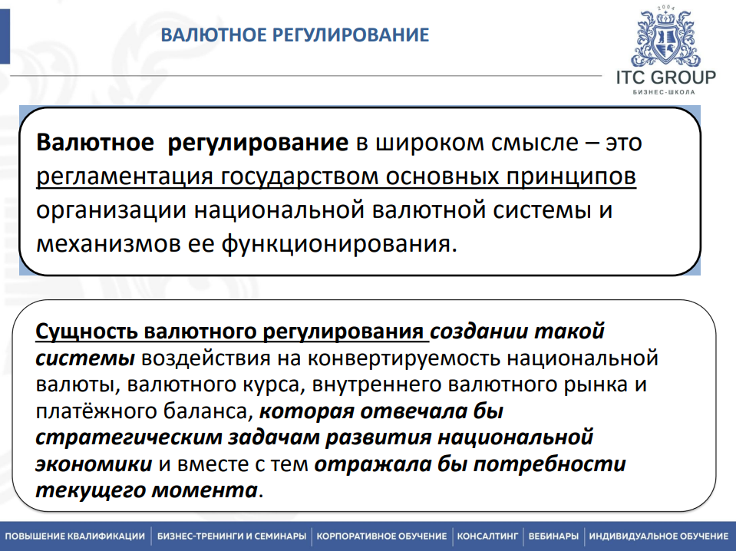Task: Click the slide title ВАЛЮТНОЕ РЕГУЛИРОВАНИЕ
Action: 294,35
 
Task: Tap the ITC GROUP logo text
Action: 665,78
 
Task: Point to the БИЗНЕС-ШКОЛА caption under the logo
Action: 665,94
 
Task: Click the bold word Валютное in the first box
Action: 95,144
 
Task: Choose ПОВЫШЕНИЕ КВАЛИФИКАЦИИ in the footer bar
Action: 74,536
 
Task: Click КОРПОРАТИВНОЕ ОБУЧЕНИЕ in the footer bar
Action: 381,536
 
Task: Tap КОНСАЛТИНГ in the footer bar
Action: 488,536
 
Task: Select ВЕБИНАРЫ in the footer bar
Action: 553,536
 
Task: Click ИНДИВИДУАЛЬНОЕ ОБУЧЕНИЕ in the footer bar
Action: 658,536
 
